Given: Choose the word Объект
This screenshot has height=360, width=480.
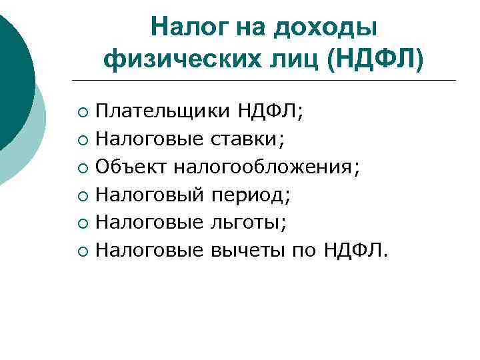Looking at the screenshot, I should (131, 167).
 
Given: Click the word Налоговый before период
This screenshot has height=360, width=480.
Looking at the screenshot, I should (149, 195).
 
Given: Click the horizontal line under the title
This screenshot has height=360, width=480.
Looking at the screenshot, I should (267, 81).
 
